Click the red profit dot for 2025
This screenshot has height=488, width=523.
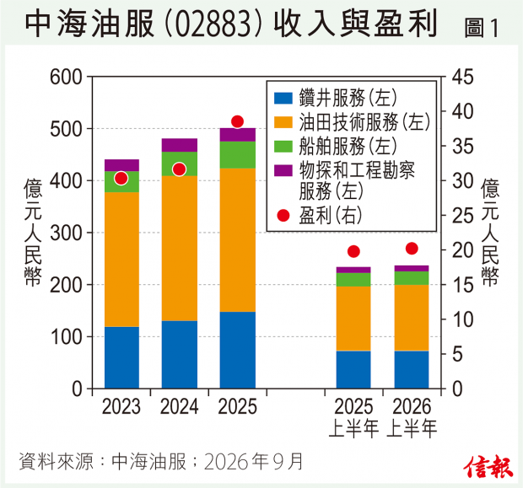click(x=237, y=121)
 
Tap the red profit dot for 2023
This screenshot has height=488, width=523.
click(x=121, y=179)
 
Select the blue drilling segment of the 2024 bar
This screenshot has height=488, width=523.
click(x=180, y=355)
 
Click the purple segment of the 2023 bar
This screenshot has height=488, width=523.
click(x=121, y=165)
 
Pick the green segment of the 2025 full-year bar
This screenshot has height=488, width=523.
click(x=238, y=155)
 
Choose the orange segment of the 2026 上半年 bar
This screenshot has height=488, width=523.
click(x=412, y=318)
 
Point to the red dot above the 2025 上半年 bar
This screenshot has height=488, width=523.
click(x=353, y=251)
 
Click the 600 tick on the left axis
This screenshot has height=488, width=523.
click(x=66, y=77)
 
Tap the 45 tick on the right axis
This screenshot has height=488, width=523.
click(x=462, y=77)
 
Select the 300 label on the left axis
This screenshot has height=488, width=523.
click(x=66, y=233)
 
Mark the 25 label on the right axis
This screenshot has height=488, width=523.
click(x=462, y=216)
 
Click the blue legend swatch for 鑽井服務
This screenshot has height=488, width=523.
click(x=283, y=99)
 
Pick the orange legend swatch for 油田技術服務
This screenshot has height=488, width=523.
click(x=283, y=122)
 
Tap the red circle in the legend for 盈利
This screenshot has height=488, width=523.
click(x=283, y=216)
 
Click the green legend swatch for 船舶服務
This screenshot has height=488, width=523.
click(x=283, y=147)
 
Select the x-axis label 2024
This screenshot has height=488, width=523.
click(x=180, y=407)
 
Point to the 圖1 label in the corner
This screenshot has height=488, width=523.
click(x=482, y=28)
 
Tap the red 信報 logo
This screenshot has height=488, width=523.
click(x=488, y=466)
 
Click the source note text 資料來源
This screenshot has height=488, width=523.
click(x=56, y=462)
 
